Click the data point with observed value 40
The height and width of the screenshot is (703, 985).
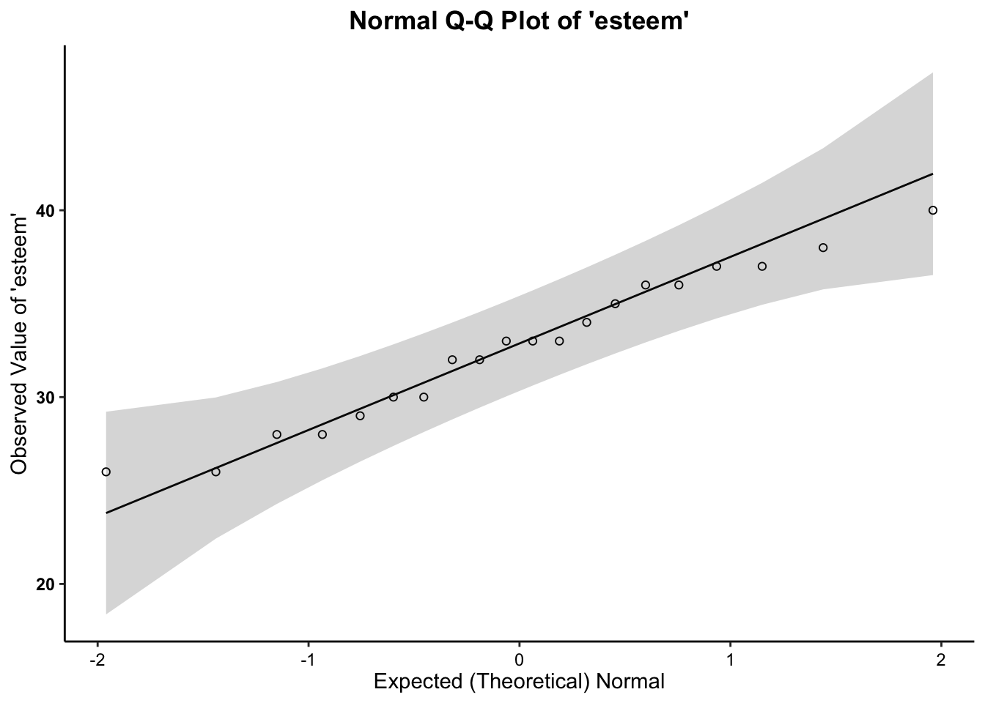pos(933,210)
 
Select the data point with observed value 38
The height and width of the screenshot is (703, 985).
pos(823,248)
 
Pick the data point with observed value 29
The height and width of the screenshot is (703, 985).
pos(360,416)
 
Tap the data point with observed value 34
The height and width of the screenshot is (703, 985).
pos(586,322)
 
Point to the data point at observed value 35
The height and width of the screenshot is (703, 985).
pos(615,304)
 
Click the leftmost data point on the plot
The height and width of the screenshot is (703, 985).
pos(106,472)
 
